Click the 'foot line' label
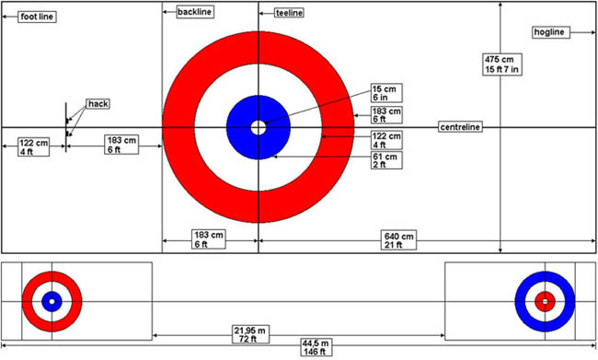point(37,17)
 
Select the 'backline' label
point(194,12)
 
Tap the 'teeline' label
point(290,13)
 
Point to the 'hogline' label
point(549,32)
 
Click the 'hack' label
point(98,104)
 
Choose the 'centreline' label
point(460,127)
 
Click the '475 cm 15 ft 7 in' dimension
point(502,64)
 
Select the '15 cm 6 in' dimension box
point(386,93)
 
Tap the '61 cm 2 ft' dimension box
point(386,160)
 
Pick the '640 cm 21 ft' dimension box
point(398,240)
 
